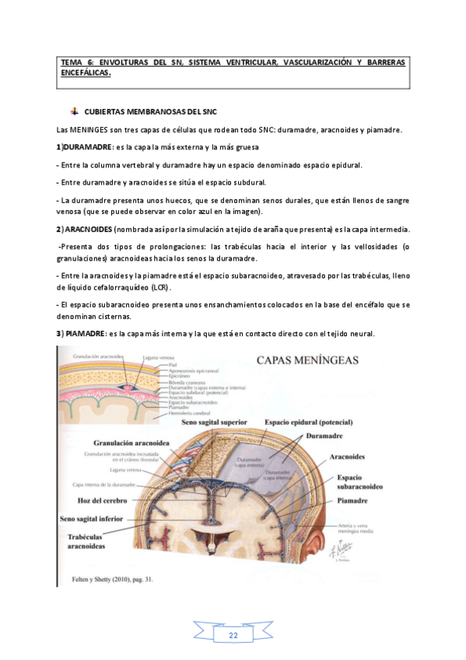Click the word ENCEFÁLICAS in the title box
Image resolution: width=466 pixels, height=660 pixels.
click(x=86, y=73)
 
